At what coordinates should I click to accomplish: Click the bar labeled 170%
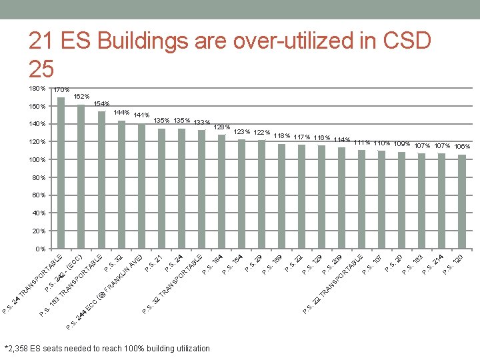click(61, 173)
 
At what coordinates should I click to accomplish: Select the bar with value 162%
click(81, 177)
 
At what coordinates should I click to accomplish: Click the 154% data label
click(101, 104)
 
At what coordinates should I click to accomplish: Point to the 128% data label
click(222, 127)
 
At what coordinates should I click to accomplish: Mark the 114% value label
click(342, 139)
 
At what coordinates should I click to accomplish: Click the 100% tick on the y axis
click(37, 160)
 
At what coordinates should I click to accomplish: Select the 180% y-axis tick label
click(37, 89)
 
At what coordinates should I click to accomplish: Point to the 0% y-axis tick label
click(39, 249)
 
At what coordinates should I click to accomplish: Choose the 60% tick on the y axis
click(38, 195)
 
